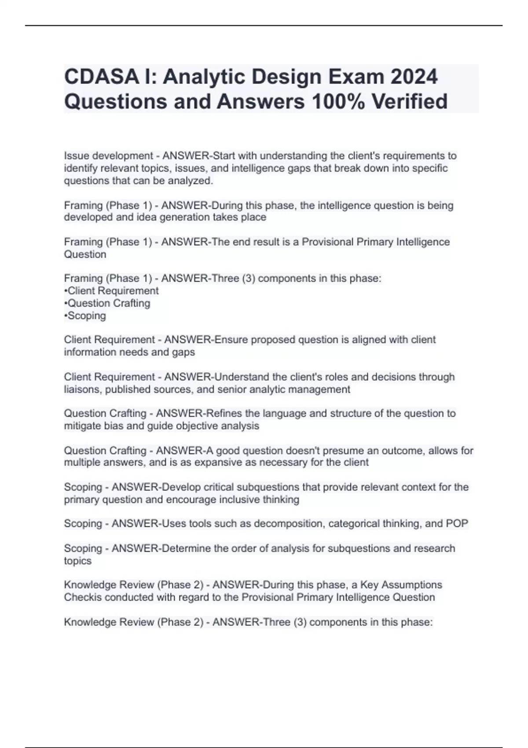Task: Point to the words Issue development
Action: click(x=108, y=156)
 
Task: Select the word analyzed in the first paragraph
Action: click(x=192, y=180)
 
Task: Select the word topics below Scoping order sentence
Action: click(x=77, y=561)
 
